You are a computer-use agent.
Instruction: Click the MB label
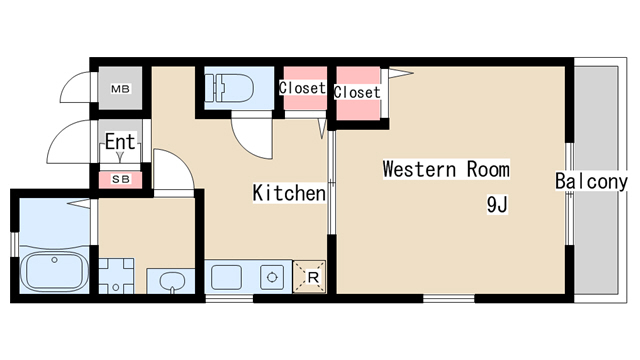(120, 89)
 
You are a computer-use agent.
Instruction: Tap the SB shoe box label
(121, 179)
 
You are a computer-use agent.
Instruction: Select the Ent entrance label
(120, 142)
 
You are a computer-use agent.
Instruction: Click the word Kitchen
(289, 193)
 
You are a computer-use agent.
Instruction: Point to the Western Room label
(446, 169)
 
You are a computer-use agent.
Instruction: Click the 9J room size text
(497, 204)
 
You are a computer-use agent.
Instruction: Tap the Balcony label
(591, 181)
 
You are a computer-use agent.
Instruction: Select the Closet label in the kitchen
(302, 88)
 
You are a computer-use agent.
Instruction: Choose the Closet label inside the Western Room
(357, 92)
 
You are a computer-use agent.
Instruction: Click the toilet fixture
(229, 88)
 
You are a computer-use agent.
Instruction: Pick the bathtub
(54, 271)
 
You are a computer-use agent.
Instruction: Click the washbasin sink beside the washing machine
(172, 282)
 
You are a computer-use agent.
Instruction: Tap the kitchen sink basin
(226, 278)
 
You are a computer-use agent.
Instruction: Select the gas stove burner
(272, 278)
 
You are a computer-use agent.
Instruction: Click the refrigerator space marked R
(310, 277)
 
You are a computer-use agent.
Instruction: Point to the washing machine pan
(116, 276)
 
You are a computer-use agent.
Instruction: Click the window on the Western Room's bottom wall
(449, 299)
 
